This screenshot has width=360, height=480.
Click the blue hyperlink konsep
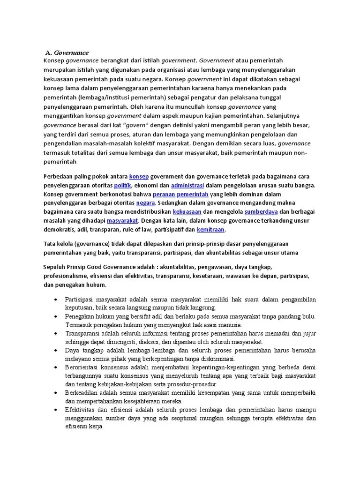tap(139, 176)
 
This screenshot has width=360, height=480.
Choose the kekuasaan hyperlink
tap(199, 212)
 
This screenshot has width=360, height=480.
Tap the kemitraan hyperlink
tap(210, 230)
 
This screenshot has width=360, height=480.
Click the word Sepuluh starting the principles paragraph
tap(56, 267)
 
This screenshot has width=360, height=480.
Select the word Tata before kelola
tap(50, 244)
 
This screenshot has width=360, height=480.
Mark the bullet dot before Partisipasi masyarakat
tap(56, 299)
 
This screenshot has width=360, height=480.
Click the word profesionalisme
tap(67, 276)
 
